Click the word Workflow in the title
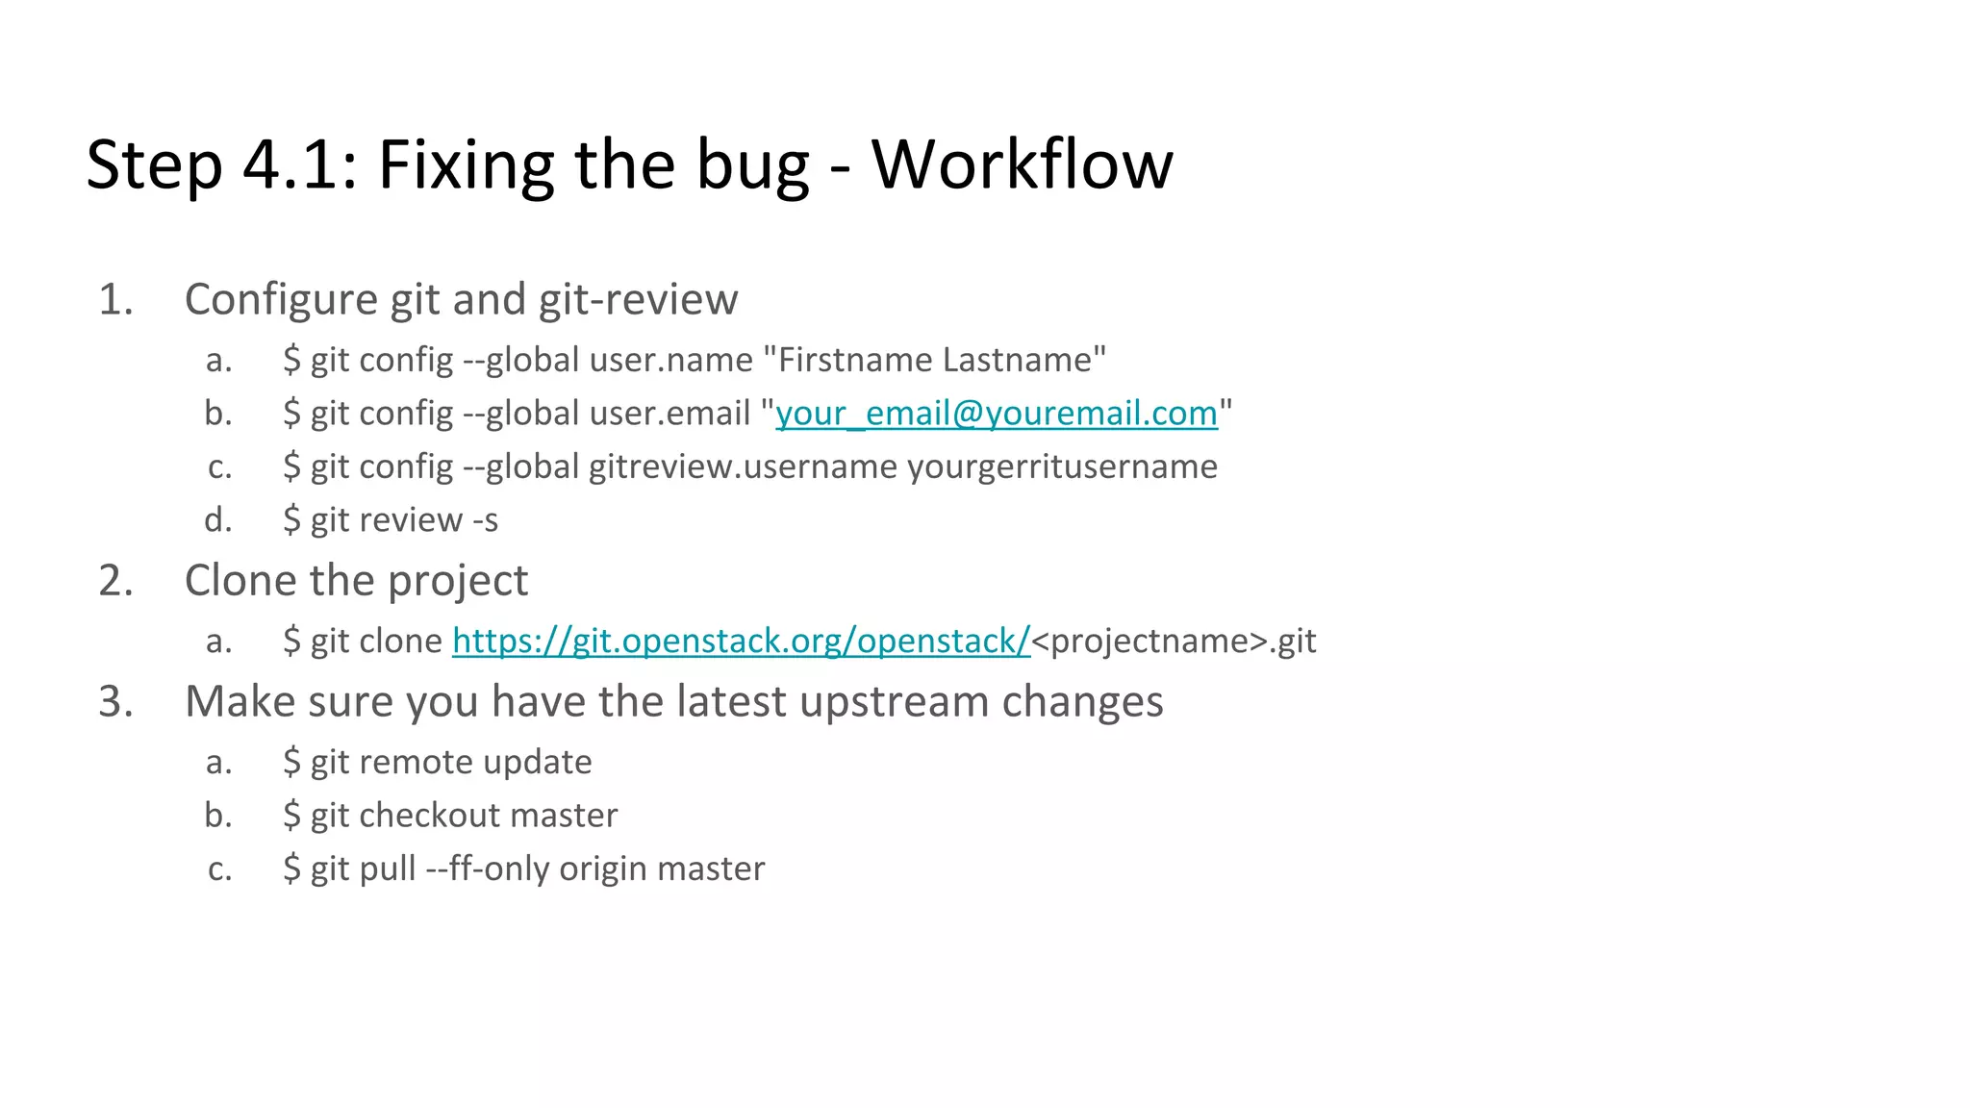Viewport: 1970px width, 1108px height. (x=1022, y=164)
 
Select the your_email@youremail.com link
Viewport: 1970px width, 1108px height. (x=997, y=414)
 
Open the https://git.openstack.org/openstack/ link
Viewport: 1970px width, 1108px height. (x=741, y=641)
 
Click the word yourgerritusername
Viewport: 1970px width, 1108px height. (x=1062, y=467)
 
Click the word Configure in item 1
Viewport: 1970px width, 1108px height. (x=281, y=300)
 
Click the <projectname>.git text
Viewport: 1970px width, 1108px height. (x=1174, y=642)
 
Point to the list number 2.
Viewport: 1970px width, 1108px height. (x=115, y=581)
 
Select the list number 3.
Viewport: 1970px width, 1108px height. (x=115, y=702)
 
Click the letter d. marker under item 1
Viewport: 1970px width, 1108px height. (x=218, y=520)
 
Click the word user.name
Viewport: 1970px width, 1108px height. (x=670, y=360)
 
